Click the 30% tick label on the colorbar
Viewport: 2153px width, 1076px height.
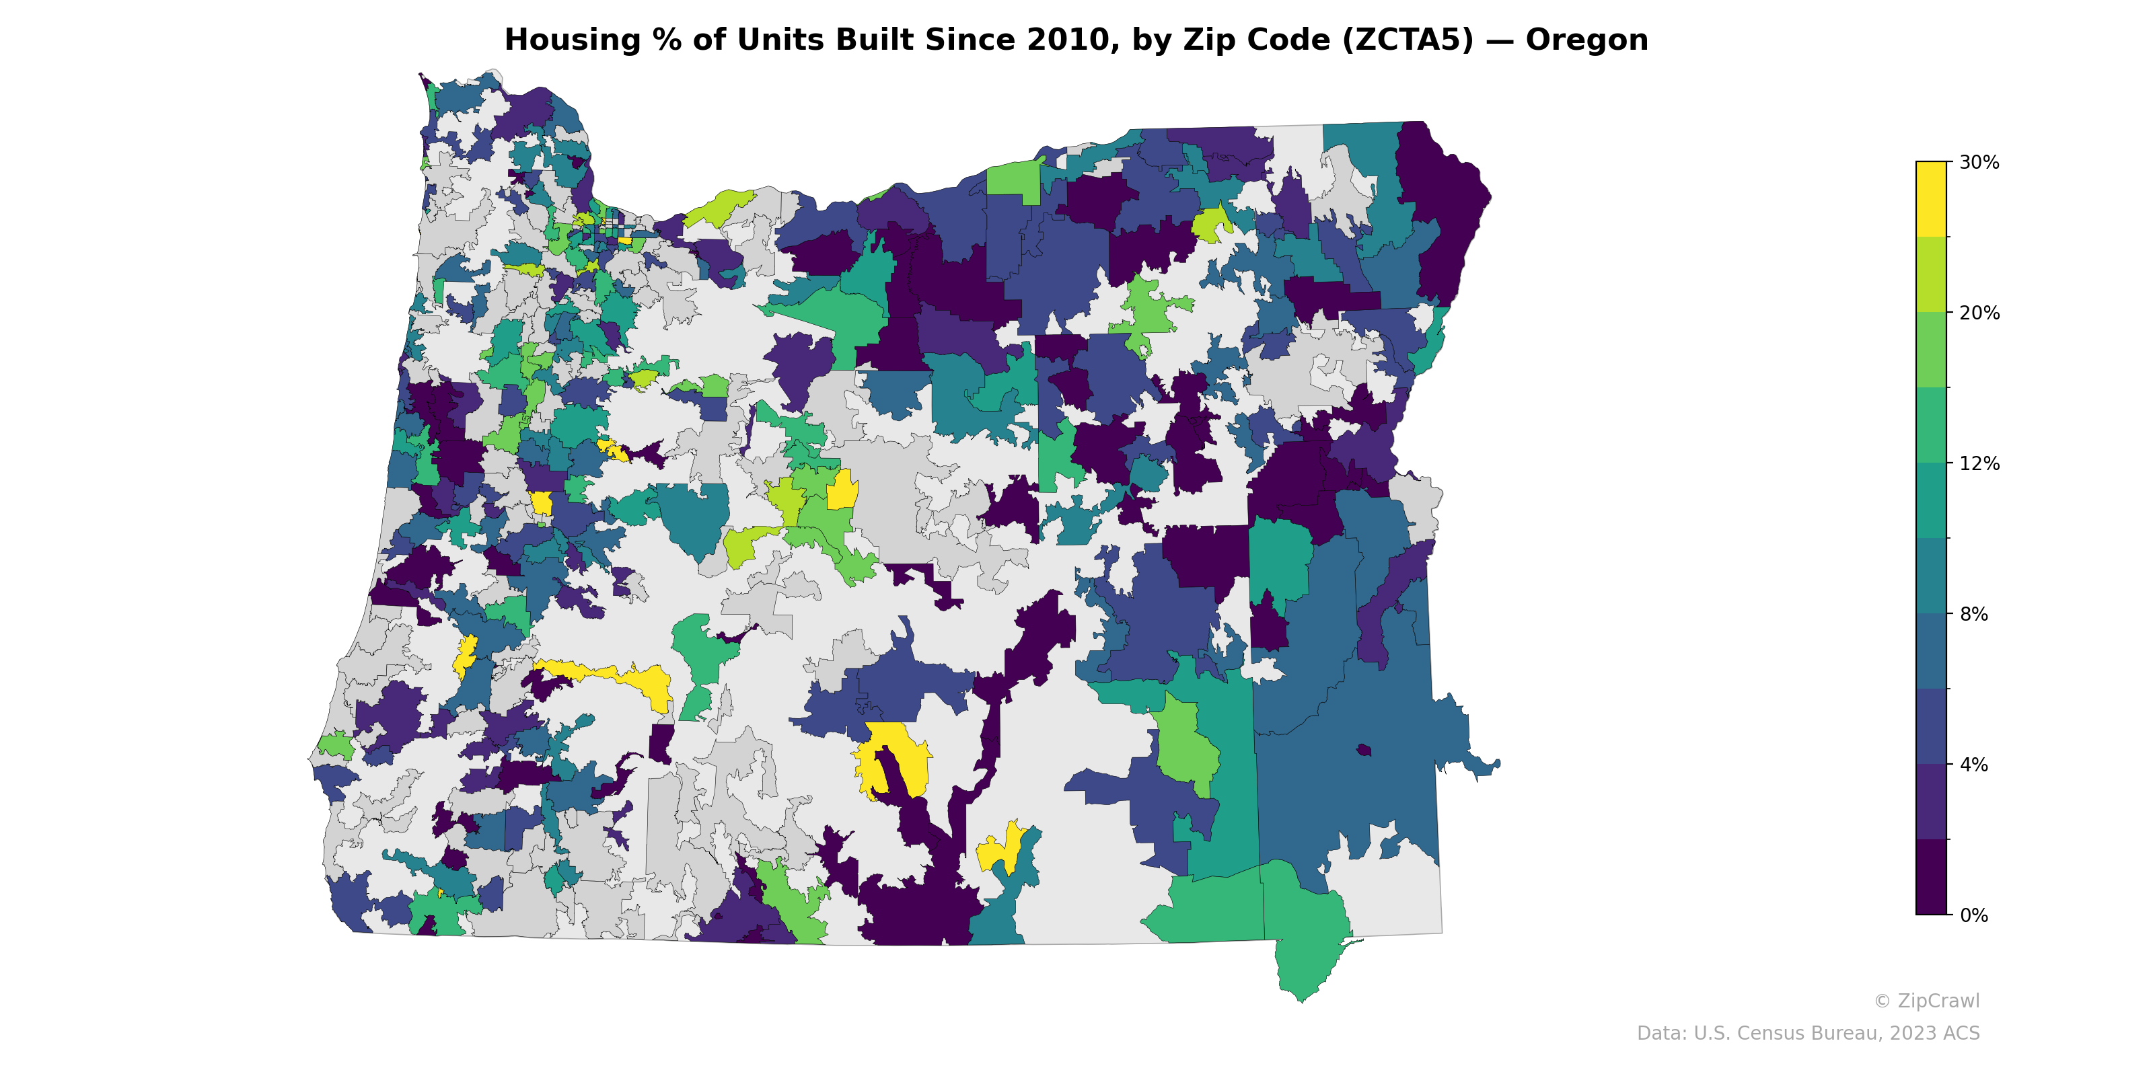pos(1978,163)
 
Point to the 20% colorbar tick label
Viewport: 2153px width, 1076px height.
pos(1978,313)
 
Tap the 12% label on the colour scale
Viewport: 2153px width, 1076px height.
pos(1978,463)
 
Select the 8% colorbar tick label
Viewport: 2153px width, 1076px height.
pos(1973,614)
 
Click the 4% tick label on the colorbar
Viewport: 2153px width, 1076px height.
pos(1973,765)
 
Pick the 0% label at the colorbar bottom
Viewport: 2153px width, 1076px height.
pos(1973,915)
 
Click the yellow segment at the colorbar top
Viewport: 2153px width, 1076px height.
pos(1931,199)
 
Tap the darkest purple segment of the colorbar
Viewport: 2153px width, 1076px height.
pos(1931,877)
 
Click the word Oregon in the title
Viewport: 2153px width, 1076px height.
pos(1586,40)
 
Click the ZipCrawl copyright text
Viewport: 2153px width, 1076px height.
pos(1926,1001)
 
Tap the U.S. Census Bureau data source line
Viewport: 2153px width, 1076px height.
pos(1808,1034)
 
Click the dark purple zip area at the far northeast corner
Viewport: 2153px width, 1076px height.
pos(1442,209)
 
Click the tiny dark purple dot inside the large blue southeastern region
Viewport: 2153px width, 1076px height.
pos(1364,749)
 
